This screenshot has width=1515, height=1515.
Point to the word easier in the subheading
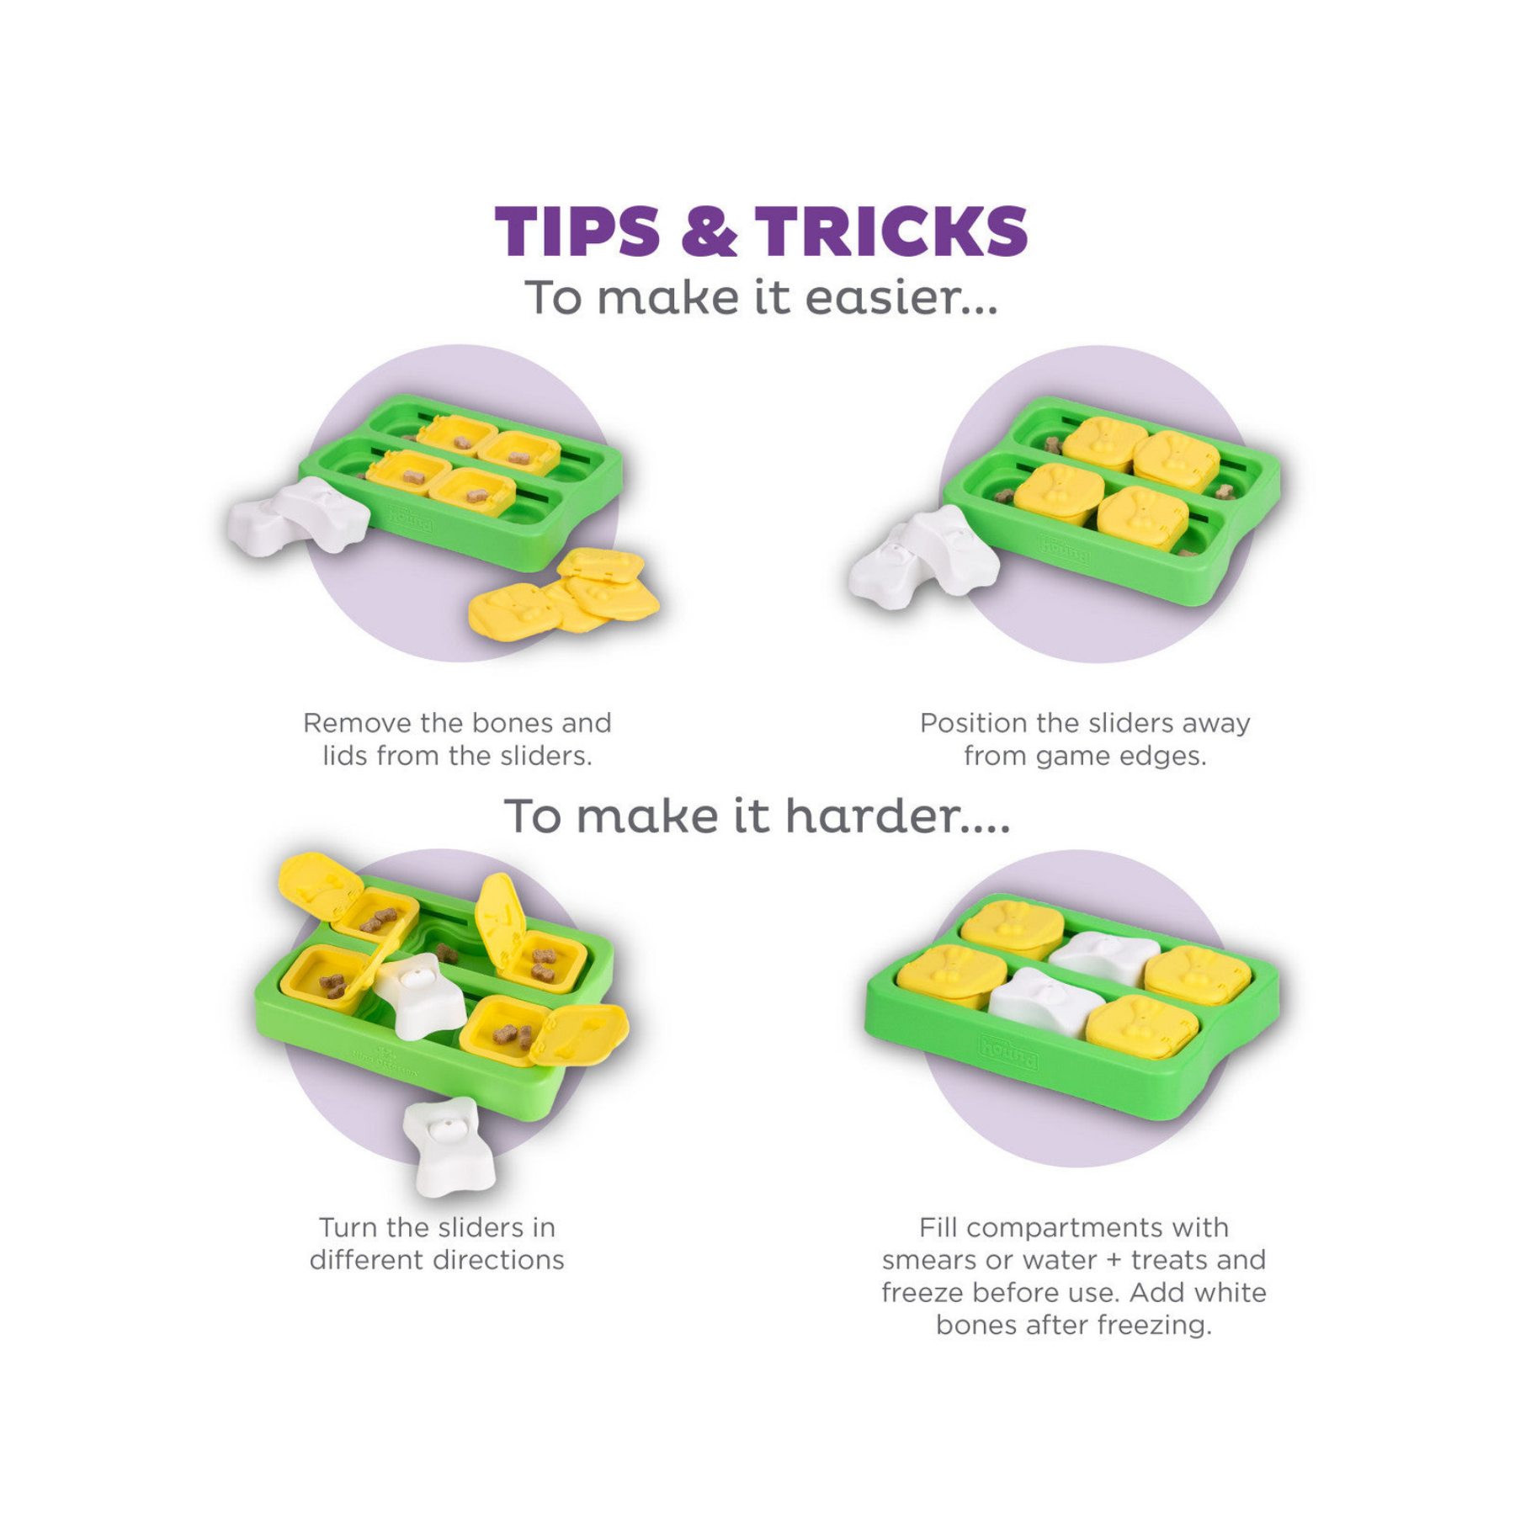tap(901, 298)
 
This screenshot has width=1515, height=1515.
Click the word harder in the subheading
tap(898, 816)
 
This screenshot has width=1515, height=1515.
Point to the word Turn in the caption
tap(349, 1227)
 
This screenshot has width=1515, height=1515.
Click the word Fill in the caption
tap(938, 1227)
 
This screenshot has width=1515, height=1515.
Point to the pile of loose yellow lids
tap(562, 590)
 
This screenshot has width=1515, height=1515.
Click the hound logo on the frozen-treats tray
tap(1008, 1052)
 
